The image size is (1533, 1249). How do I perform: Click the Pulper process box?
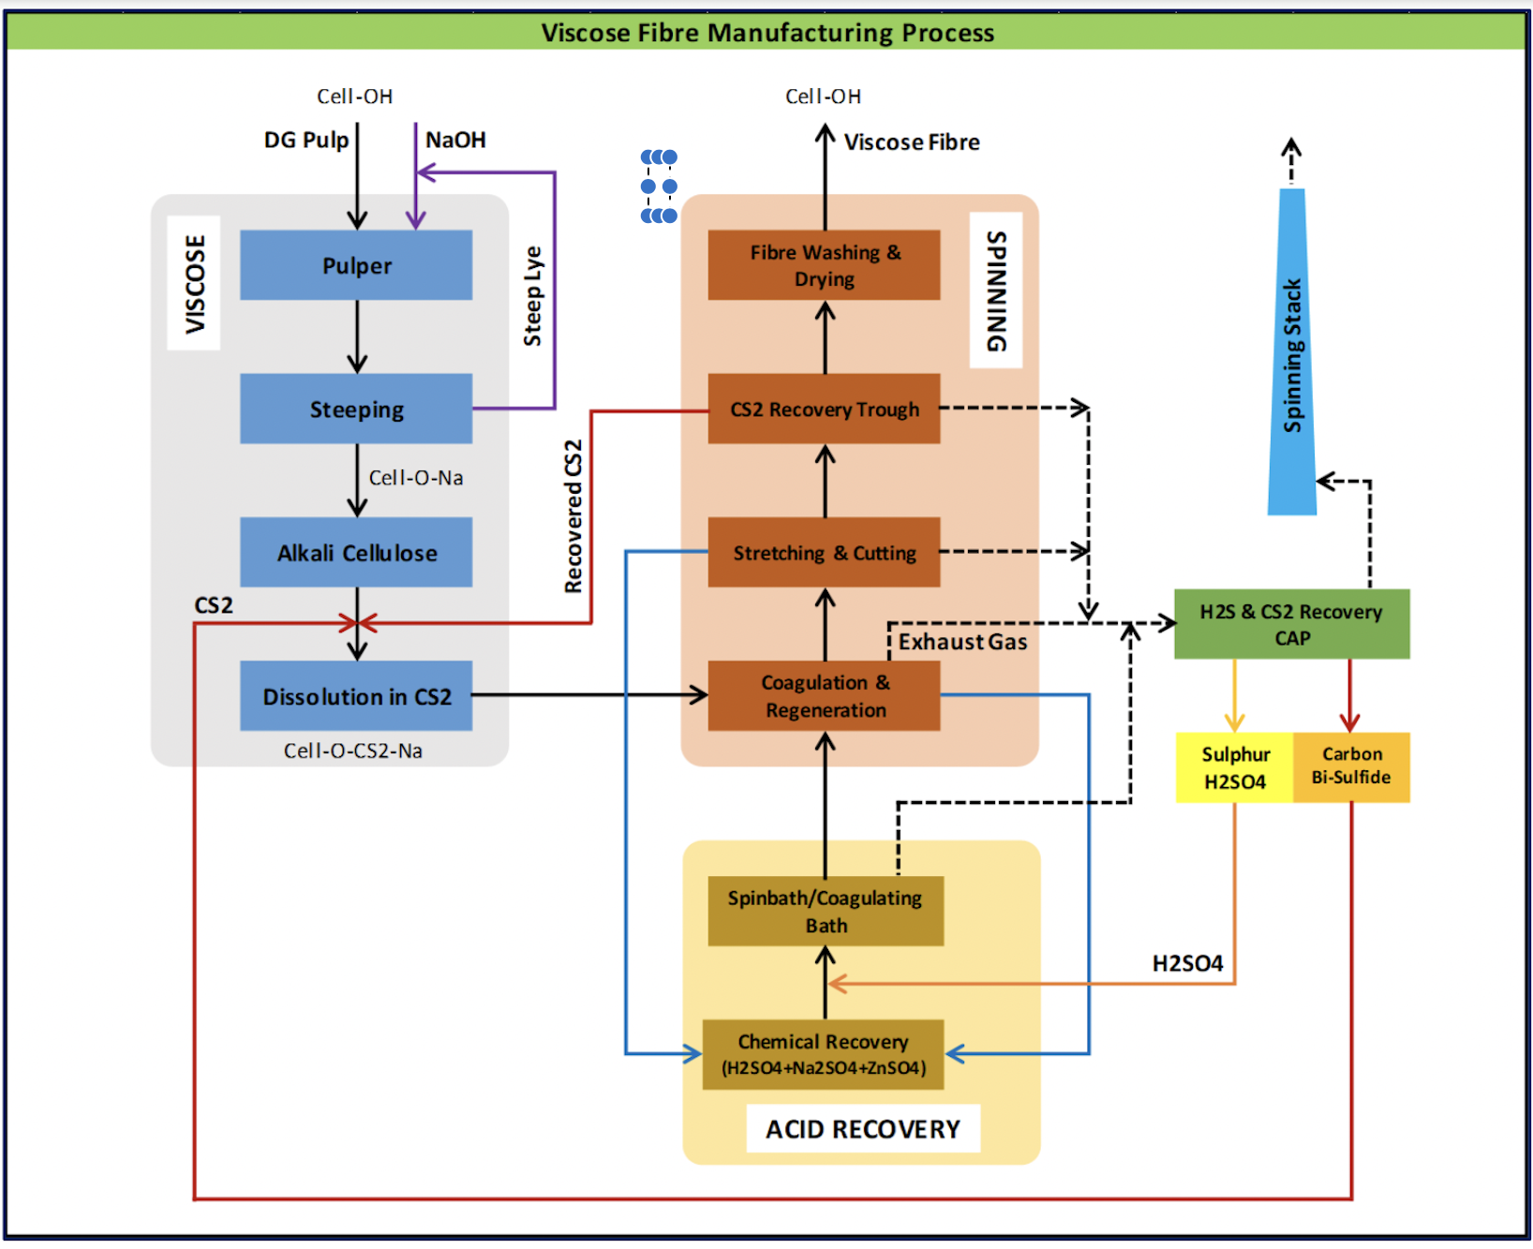356,265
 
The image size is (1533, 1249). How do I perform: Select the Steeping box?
356,409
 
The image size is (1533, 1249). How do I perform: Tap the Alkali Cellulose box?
356,553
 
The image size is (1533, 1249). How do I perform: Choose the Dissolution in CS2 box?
356,696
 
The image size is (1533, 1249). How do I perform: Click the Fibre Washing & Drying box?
824,265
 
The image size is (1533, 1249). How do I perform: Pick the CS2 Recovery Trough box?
824,409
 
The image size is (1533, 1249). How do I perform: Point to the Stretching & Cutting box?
824,553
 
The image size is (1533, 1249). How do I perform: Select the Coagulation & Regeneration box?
824,696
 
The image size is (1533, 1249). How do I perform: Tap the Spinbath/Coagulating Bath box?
825,911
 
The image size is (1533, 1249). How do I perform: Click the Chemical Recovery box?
823,1054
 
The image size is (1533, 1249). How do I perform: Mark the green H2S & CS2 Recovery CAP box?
1291,624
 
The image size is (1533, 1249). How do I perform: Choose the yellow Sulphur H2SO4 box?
1234,767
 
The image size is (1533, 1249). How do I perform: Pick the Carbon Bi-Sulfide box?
1351,767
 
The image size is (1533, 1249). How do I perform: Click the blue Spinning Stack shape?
1292,356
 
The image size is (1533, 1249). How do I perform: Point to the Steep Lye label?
532,296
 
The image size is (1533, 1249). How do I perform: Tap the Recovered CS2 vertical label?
573,516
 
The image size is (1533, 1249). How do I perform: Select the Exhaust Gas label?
962,642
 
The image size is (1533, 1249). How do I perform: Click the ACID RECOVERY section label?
862,1129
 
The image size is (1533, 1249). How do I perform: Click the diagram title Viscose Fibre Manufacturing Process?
766,33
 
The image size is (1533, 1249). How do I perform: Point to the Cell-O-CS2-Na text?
353,751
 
